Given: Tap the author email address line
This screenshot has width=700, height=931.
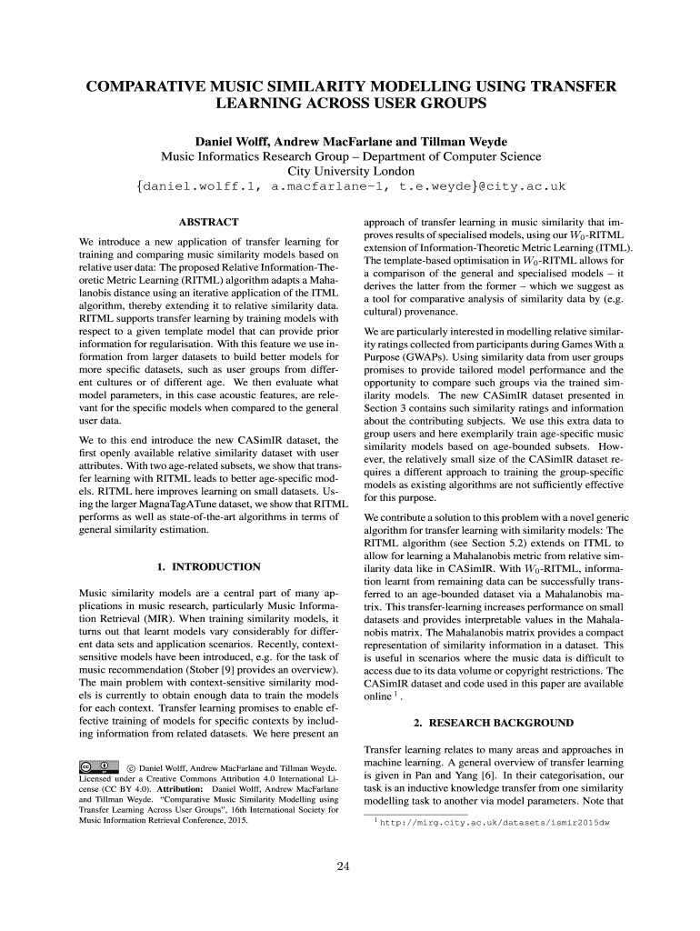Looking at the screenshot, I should [350, 186].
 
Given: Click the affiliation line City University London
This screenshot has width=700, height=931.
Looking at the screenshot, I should [350, 170].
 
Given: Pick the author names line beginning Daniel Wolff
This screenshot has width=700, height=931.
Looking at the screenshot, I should [350, 141].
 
